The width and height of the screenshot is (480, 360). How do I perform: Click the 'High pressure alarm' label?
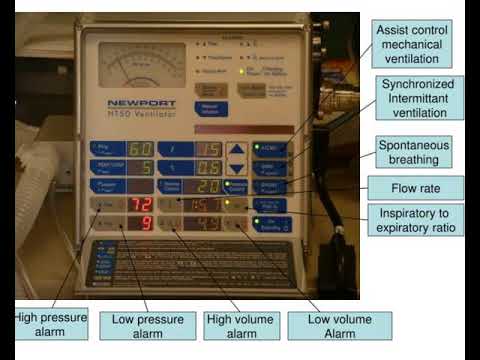[51, 325]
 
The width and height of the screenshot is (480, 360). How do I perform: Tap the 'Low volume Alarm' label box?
[339, 326]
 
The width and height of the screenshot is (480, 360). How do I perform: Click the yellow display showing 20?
[206, 186]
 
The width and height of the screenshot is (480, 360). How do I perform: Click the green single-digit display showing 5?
[144, 168]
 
